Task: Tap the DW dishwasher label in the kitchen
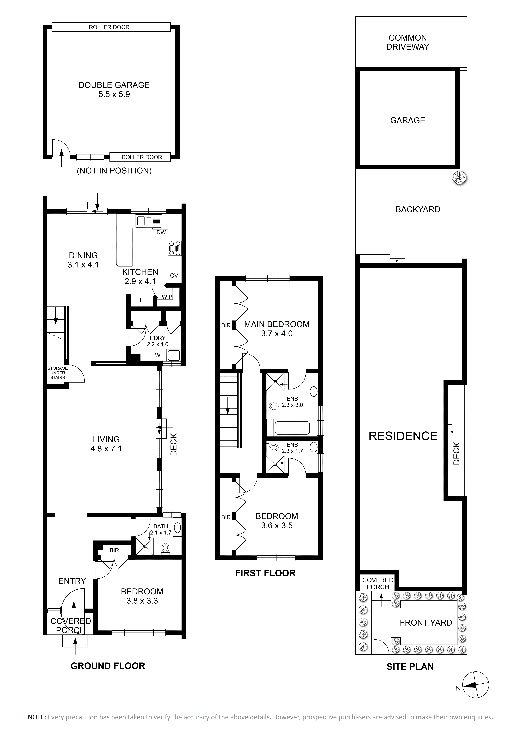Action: [x=161, y=232]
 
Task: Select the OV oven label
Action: [x=174, y=276]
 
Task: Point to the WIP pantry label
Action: [x=167, y=297]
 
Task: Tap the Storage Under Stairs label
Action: [x=58, y=373]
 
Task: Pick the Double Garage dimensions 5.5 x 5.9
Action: [x=114, y=95]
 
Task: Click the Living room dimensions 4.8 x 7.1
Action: [x=106, y=449]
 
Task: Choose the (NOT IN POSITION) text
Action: [x=114, y=171]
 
